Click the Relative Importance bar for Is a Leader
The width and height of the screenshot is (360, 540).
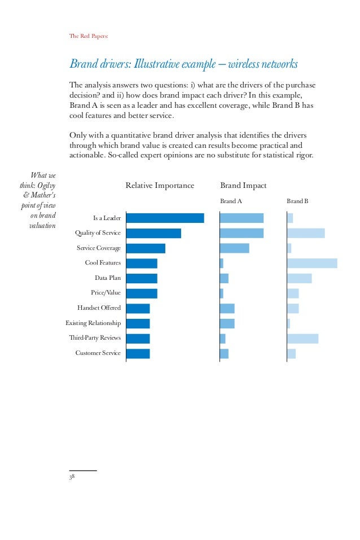(165, 218)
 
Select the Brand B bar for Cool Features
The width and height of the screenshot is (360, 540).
(311, 263)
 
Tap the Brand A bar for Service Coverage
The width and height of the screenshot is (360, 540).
(234, 248)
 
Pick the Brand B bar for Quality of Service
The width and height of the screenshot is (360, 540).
(305, 233)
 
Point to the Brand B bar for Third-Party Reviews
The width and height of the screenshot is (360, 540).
(302, 339)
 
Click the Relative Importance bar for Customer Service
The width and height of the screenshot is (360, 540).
(138, 354)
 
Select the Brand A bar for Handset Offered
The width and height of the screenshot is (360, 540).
(227, 308)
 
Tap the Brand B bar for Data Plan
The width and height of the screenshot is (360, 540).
(299, 278)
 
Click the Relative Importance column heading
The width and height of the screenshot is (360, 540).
(160, 186)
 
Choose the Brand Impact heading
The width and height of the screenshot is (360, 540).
(243, 186)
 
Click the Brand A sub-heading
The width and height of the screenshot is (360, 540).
(231, 201)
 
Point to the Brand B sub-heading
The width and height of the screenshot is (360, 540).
(297, 201)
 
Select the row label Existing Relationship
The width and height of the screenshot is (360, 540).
(93, 323)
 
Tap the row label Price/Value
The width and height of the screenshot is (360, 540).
(106, 293)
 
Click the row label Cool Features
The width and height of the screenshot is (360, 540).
(103, 263)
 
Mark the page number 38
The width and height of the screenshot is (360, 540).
(72, 477)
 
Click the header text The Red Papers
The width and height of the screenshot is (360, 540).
(88, 36)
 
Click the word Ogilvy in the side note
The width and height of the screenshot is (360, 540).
(47, 185)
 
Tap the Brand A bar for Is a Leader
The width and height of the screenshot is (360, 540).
(242, 218)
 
